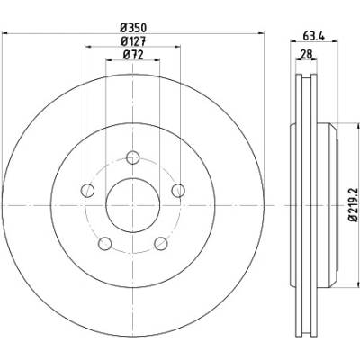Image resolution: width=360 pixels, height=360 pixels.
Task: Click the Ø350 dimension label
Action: (133, 28)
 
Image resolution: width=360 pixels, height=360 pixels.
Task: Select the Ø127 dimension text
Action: (133, 41)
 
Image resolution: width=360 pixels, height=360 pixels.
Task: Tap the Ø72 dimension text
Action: (133, 55)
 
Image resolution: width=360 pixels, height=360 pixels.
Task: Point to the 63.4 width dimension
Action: (314, 36)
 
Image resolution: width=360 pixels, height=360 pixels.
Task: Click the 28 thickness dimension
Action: (307, 55)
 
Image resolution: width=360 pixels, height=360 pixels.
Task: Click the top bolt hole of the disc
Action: (132, 157)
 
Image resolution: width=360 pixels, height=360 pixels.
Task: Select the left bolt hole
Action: (88, 190)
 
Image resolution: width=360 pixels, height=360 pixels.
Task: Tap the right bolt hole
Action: (178, 190)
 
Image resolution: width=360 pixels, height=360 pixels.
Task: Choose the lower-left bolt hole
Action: (105, 243)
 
